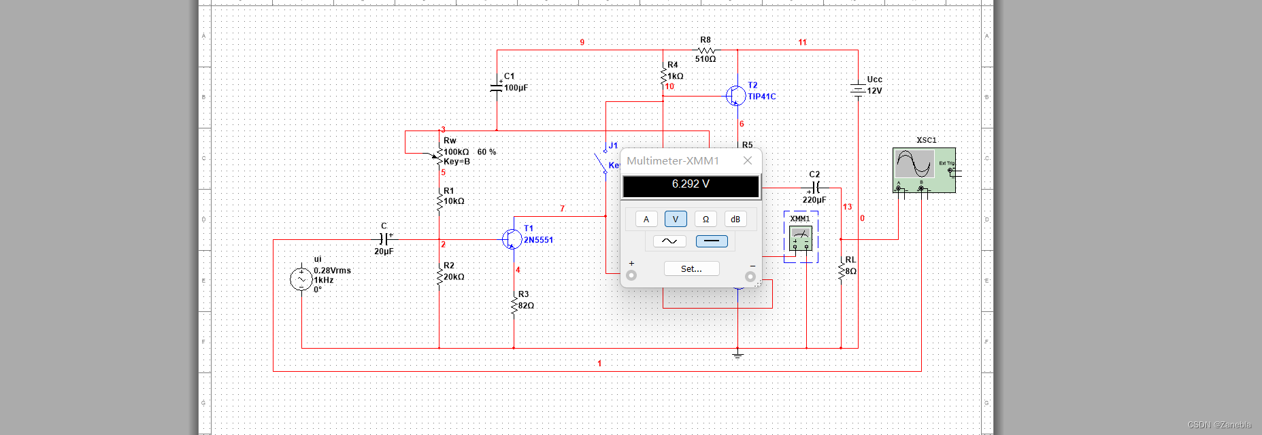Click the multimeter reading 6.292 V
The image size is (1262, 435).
(x=691, y=184)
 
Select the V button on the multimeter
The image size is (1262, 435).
(x=676, y=219)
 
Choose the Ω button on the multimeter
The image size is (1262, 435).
(x=705, y=219)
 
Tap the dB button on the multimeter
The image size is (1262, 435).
(x=735, y=219)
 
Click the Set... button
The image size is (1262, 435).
(x=691, y=268)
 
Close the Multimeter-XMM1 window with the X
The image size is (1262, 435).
(x=748, y=160)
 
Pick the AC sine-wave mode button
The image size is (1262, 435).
(x=669, y=241)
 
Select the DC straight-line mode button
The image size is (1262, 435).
(x=712, y=241)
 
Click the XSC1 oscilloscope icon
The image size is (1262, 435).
(x=924, y=169)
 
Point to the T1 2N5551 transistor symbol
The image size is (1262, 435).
(x=511, y=239)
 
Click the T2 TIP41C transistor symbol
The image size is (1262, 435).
(x=735, y=96)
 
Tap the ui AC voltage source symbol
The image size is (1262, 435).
(x=301, y=279)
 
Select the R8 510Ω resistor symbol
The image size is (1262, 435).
(x=706, y=50)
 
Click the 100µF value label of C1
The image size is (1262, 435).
(x=516, y=88)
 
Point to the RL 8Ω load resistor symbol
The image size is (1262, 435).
(x=842, y=271)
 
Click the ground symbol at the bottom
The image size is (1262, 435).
(x=737, y=354)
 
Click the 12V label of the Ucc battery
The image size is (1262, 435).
(x=874, y=90)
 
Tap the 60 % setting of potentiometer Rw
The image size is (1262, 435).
(x=486, y=152)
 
